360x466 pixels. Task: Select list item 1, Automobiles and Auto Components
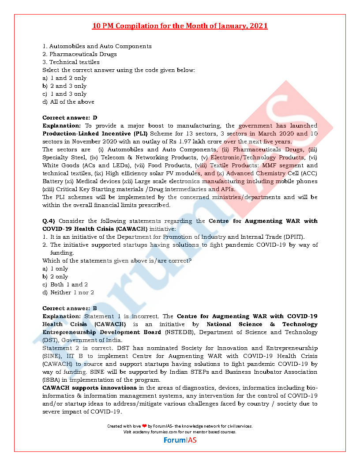(x=97, y=46)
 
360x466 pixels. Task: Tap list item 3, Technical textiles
(x=71, y=62)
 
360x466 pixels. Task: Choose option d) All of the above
(x=68, y=102)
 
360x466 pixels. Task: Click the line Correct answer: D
(x=70, y=118)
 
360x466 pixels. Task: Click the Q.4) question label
(x=49, y=221)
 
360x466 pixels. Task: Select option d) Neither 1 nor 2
(x=68, y=293)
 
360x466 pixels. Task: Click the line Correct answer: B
(x=70, y=308)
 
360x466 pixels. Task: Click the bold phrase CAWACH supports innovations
(x=90, y=388)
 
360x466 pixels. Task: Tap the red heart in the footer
(x=144, y=426)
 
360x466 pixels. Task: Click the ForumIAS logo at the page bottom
(x=180, y=440)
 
